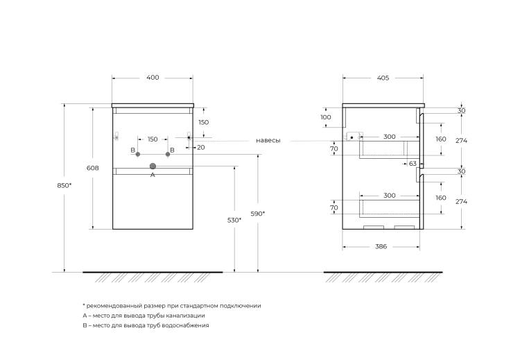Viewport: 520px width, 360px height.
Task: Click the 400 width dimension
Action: (x=153, y=78)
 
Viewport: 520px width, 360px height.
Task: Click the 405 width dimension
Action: (x=383, y=78)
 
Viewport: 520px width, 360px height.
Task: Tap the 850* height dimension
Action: (x=64, y=185)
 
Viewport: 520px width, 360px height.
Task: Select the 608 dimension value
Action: (x=92, y=169)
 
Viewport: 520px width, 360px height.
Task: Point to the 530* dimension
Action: (x=234, y=220)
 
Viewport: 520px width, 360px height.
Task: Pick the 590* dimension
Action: (x=258, y=214)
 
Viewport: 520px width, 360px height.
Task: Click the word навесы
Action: (x=268, y=141)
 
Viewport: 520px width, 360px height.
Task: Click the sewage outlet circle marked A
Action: (x=153, y=166)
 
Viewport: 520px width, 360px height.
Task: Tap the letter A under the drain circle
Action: (x=153, y=175)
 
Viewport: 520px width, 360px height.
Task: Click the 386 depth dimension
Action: (x=381, y=246)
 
